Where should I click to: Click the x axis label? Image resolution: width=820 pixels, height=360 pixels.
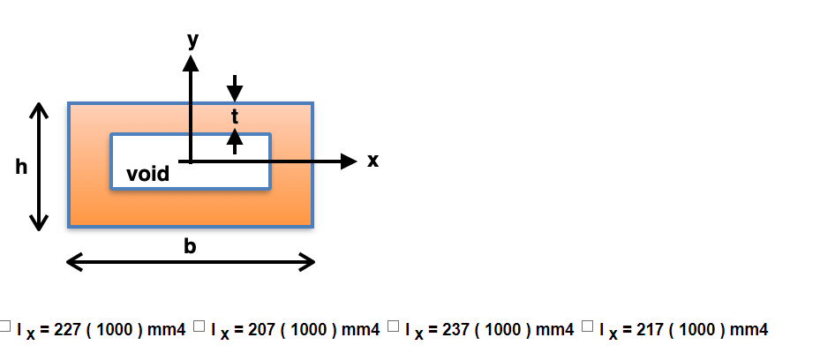[x=372, y=161]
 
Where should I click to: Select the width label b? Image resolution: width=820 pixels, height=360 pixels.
[x=190, y=246]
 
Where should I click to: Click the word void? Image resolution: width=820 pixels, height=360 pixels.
[x=148, y=174]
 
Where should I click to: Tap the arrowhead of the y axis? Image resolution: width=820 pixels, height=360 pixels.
[x=191, y=62]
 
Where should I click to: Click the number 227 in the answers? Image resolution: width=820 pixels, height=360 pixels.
[x=68, y=330]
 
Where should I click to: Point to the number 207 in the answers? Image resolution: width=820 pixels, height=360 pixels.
[x=262, y=330]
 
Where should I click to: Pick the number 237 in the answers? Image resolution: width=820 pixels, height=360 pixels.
[x=456, y=330]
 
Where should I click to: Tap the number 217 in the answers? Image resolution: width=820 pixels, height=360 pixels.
[x=651, y=330]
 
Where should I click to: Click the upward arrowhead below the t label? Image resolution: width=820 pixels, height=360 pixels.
[x=235, y=136]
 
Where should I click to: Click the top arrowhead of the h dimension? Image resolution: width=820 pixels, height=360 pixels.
[x=38, y=111]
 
